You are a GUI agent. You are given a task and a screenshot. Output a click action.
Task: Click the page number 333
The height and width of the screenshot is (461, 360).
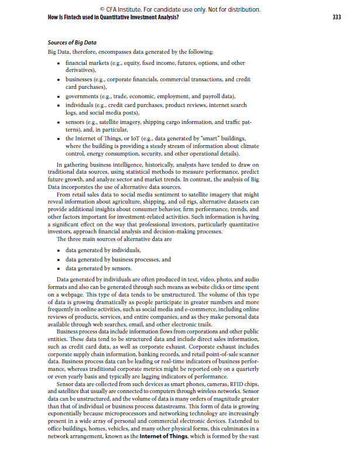(x=336, y=18)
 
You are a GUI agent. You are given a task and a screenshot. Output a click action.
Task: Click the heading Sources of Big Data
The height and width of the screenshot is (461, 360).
(x=72, y=43)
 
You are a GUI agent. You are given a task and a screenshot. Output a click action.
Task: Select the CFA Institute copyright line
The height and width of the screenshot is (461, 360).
(x=180, y=10)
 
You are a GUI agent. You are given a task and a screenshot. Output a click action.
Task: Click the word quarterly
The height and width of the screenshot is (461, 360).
(x=244, y=362)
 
